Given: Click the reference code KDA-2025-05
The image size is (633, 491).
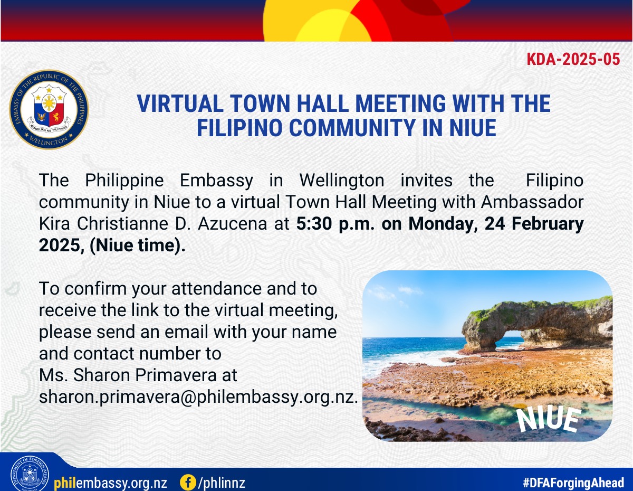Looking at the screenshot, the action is pos(573,59).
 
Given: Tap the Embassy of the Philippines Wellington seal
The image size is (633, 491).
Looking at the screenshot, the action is pos(49,109).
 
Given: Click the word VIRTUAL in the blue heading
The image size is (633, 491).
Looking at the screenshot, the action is pos(180,103).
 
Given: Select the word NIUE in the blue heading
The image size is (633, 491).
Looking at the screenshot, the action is pos(473,128).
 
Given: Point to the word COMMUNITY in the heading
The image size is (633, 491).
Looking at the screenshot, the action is pos(352,128).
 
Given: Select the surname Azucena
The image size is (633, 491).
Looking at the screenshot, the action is pos(233,224).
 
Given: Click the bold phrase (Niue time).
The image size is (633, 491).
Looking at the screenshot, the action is pos(138,245).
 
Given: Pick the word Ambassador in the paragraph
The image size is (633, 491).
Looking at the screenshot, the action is pos(532,202).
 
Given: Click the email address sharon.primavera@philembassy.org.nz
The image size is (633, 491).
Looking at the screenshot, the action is pos(198,397).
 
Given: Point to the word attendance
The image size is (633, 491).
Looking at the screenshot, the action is pos(216,289).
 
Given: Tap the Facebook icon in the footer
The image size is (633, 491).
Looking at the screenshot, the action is pos(188,482).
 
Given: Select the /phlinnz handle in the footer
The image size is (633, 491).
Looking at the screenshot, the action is pos(222,483).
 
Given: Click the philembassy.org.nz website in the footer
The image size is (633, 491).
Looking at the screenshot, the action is pos(110,483).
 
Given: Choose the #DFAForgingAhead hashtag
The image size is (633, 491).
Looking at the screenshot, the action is pos(573,483).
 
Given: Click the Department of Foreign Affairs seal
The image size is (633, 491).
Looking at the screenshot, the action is pos(30,475).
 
